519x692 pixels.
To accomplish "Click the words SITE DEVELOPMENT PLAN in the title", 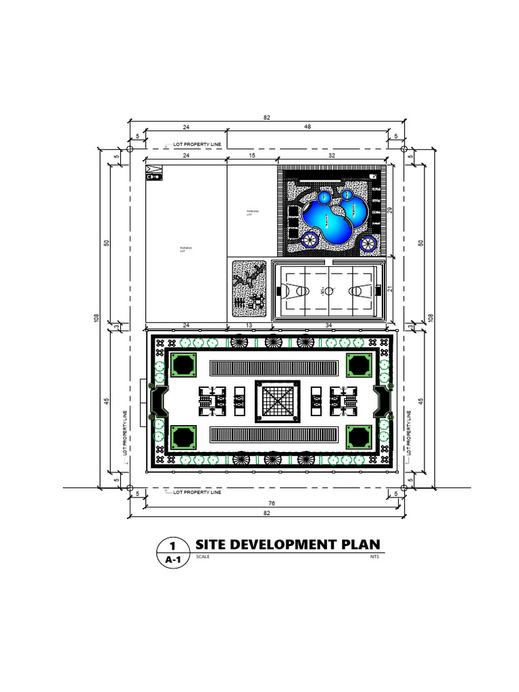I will coord(287,545).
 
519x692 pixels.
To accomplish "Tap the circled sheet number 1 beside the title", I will coord(173,545).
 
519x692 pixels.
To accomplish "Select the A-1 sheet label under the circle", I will coord(173,560).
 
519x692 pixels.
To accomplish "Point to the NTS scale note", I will coord(374,558).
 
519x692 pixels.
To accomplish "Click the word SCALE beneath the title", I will coord(203,558).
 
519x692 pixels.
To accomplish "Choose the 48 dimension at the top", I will coord(307,126).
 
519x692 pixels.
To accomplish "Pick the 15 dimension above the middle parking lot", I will coord(251,156).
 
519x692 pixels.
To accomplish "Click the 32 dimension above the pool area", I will coord(332,156).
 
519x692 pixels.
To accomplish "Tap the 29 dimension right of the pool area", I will coord(390,210).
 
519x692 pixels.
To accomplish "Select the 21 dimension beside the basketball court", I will coord(390,290).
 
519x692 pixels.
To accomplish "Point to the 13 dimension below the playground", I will coord(249,326).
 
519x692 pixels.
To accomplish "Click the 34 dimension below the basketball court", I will coord(328,326).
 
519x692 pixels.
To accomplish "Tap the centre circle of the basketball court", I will coord(328,291).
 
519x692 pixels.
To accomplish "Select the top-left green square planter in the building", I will coord(182,365).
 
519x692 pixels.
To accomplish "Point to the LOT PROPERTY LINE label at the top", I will coord(197,144).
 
